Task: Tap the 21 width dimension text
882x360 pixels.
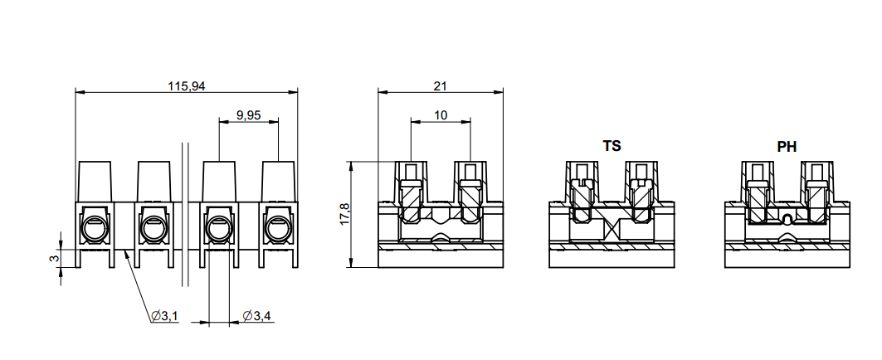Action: coord(440,85)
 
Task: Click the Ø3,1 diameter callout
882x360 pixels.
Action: coord(164,316)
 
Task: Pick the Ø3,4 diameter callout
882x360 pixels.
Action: coord(256,316)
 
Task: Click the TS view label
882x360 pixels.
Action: coord(612,146)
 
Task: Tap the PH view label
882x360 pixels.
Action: coord(787,146)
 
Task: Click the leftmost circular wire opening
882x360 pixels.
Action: coord(94,227)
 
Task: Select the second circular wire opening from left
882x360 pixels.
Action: coord(153,227)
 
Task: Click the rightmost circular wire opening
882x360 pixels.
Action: coord(279,227)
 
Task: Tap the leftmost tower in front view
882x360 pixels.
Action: coord(95,181)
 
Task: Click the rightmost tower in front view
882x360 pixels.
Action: coord(279,181)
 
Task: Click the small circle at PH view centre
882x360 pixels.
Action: coord(787,220)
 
